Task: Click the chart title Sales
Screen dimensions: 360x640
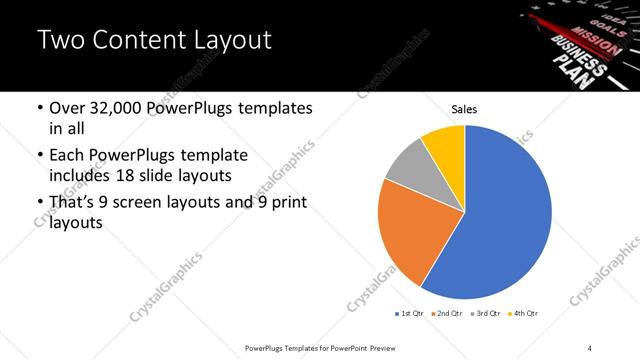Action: pos(464,108)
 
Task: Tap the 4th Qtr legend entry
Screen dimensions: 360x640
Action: pos(524,314)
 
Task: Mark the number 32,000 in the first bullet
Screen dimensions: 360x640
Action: pos(119,108)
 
